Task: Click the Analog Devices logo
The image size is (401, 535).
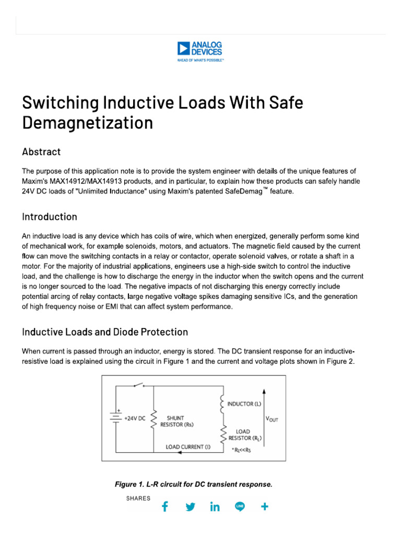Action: coord(200,51)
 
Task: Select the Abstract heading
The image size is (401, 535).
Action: coord(41,152)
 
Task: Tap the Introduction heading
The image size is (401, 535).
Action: coord(50,217)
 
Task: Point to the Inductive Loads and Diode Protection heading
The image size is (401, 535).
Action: coord(105,332)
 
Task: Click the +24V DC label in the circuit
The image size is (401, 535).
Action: coord(134,418)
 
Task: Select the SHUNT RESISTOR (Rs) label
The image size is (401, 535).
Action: coord(176,421)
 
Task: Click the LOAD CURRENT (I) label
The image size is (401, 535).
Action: coord(187,447)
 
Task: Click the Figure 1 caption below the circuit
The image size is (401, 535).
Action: coord(193,484)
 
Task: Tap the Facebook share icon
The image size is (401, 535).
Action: coord(164,507)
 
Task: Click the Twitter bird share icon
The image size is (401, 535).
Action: coord(190,507)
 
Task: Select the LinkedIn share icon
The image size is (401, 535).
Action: coord(215,507)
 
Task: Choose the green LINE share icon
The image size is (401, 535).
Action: coord(240,507)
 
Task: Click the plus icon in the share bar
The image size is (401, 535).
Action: coord(265,507)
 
